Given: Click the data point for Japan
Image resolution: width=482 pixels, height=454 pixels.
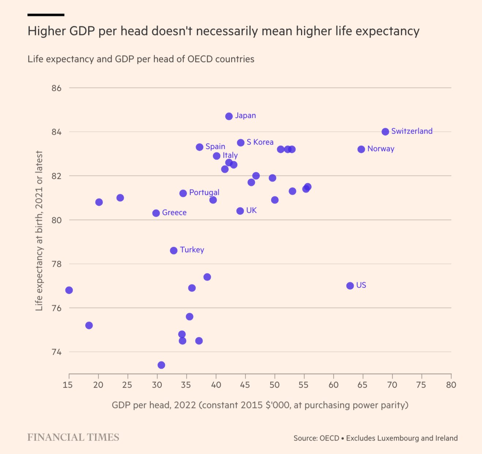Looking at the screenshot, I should (229, 116).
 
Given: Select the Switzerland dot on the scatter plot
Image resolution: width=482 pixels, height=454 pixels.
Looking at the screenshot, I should (385, 132).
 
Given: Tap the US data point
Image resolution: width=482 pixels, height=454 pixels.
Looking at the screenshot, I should (350, 286).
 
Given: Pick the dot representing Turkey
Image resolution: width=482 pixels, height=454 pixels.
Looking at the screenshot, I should (174, 250).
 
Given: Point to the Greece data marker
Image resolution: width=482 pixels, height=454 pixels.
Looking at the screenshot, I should (156, 213).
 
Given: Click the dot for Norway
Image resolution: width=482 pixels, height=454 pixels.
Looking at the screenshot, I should (361, 149).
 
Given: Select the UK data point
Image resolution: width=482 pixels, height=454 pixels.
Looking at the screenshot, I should (240, 211).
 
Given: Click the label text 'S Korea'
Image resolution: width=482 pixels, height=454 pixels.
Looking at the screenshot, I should (260, 142).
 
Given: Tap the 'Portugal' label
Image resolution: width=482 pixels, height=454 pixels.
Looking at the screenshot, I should (204, 192).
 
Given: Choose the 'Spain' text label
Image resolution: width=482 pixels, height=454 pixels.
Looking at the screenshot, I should (215, 146).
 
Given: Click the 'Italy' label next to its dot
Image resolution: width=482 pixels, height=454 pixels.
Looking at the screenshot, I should (230, 155).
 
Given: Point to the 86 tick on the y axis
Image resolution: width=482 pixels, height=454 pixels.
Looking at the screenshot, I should (56, 88).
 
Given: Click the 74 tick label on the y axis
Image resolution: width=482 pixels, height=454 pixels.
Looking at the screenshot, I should (56, 352).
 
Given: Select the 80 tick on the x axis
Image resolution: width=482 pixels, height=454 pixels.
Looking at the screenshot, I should (451, 385).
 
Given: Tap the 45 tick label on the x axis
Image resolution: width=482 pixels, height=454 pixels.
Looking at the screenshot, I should (245, 385).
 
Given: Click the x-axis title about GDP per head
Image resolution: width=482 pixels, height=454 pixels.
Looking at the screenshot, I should (260, 405).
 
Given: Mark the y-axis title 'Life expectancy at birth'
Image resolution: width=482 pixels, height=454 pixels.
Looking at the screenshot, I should (39, 231).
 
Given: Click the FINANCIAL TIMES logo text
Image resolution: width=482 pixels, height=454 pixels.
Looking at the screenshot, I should (73, 437).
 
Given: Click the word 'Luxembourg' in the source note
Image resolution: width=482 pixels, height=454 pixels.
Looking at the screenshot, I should (382, 438).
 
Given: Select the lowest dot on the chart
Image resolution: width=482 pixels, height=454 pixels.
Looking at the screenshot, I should (161, 365).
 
